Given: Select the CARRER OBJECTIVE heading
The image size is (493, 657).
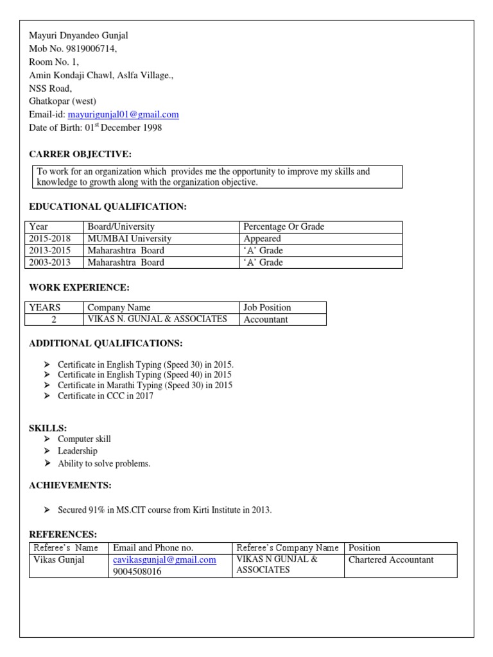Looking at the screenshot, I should [80, 154].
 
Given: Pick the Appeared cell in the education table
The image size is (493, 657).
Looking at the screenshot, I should [263, 239].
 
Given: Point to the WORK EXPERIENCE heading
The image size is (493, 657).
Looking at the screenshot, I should [79, 287].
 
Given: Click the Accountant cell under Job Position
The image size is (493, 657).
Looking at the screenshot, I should [266, 320].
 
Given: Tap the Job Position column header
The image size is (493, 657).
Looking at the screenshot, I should [268, 307].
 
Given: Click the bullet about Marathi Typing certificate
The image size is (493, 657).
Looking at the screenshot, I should [144, 386].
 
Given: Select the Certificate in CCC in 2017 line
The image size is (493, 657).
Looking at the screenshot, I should [105, 396].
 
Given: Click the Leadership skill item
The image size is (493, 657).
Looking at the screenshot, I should [78, 451].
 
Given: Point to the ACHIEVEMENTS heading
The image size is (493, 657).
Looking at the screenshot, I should [71, 485].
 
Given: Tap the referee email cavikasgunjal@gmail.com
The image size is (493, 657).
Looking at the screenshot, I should [164, 559].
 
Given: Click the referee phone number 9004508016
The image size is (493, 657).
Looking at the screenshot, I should [137, 572].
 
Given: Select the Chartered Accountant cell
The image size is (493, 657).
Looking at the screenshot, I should [391, 559].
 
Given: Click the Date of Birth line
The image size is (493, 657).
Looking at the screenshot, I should [96, 128].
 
